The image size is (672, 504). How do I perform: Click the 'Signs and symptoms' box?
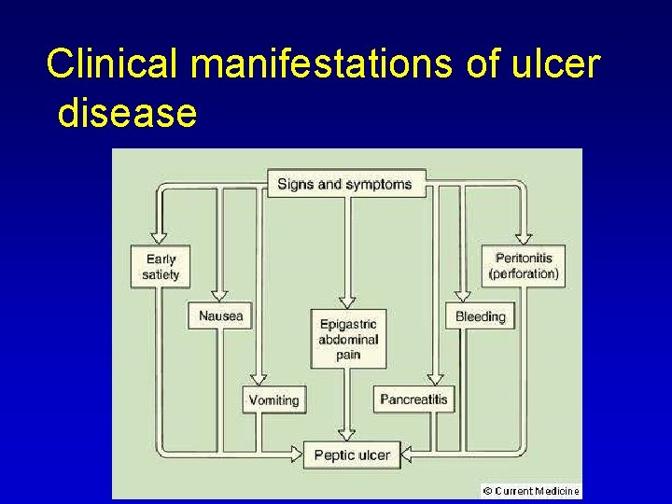tap(344, 184)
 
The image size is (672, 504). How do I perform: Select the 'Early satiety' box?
tap(161, 266)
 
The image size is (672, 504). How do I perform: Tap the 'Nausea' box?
tap(220, 316)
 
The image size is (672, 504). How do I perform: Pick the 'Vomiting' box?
tap(273, 399)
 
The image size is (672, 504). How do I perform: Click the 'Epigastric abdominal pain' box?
tap(347, 339)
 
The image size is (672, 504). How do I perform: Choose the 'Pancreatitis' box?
tap(413, 399)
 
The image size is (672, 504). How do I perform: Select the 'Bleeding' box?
tap(480, 316)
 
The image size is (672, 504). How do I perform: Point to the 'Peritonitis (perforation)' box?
tap(524, 266)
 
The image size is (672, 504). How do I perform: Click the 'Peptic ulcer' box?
tap(352, 455)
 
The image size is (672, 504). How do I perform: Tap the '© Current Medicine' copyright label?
tap(531, 490)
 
